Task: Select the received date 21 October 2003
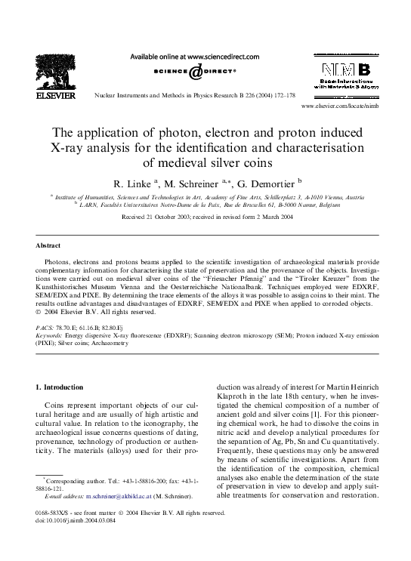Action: tap(168, 216)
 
